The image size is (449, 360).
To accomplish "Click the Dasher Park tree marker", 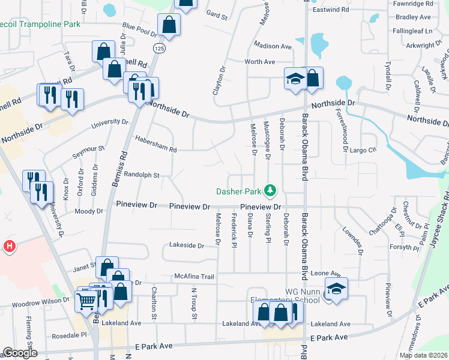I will tap(271, 191).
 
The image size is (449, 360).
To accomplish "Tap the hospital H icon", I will tap(9, 246).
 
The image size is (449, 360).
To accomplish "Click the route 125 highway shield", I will tap(158, 47).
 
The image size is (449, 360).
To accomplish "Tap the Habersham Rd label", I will tap(155, 149).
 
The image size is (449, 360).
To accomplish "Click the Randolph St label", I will tap(141, 176).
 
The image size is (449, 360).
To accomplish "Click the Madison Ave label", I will tap(272, 46).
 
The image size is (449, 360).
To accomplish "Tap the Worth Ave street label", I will tap(259, 62).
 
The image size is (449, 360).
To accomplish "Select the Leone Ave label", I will tap(325, 272).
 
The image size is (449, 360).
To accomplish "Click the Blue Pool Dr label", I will tap(139, 27).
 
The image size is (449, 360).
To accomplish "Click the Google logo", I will tap(20, 353).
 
